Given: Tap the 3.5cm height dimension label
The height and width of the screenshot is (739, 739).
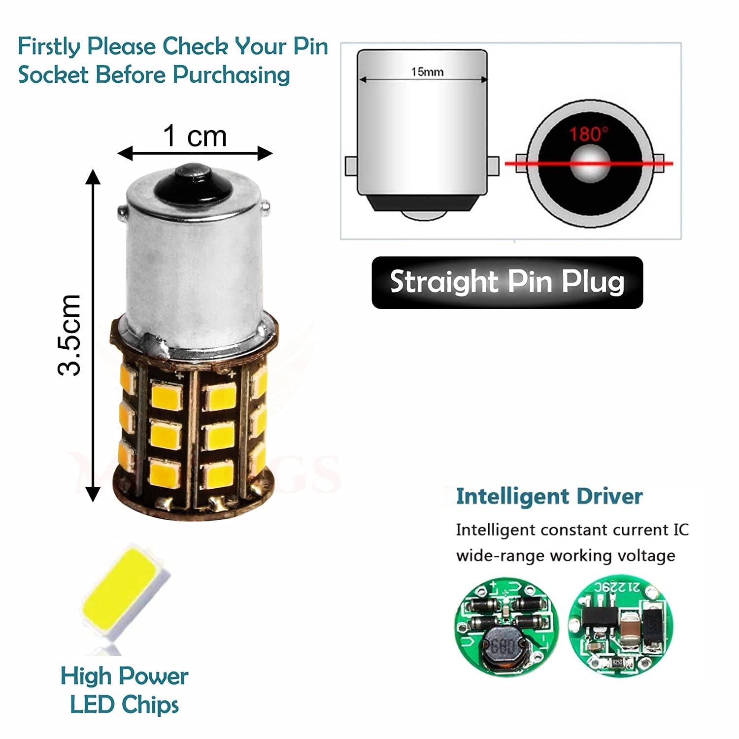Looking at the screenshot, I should (x=69, y=335).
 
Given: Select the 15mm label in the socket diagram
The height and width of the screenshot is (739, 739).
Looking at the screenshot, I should (x=427, y=72).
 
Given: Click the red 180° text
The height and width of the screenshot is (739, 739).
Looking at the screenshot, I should (x=589, y=134).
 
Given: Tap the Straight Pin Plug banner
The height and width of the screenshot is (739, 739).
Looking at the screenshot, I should (x=507, y=282).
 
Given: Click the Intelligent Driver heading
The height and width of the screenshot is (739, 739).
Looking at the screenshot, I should (x=549, y=496).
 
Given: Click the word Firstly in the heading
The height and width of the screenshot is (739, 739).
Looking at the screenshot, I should (x=49, y=47).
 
